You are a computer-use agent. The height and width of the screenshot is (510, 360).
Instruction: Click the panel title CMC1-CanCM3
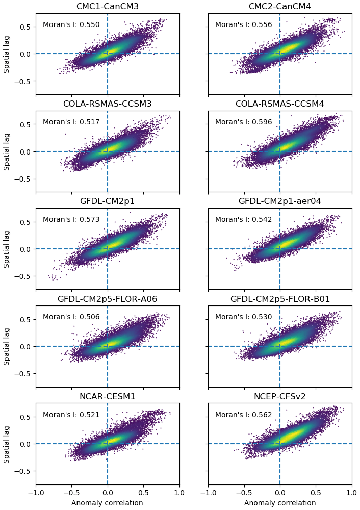(107, 7)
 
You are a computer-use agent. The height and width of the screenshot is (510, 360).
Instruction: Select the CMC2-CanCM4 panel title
(279, 7)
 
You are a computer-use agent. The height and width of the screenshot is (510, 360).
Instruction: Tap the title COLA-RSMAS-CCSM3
(107, 104)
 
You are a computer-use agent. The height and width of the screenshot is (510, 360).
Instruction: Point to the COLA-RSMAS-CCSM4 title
(279, 104)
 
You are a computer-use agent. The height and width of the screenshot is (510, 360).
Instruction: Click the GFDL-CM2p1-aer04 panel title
(279, 201)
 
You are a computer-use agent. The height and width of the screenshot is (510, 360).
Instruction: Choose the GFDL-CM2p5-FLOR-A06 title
(107, 299)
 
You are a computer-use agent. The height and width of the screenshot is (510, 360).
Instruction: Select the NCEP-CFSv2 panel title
(279, 396)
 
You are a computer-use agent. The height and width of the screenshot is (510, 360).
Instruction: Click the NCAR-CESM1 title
(107, 396)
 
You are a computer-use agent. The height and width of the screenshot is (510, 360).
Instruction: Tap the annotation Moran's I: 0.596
(243, 122)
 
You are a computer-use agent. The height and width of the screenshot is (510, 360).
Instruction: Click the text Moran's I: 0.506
(71, 317)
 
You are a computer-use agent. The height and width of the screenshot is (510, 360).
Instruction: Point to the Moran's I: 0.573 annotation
(71, 220)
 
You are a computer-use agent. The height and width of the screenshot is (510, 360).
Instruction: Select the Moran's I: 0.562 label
(243, 415)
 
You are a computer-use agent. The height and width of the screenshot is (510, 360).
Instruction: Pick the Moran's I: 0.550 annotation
(71, 24)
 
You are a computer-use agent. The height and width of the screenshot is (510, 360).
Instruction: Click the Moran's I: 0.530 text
(243, 317)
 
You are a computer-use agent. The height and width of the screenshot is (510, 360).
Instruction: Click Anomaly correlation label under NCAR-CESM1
(107, 503)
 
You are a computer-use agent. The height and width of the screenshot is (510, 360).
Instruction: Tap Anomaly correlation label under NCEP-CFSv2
(279, 503)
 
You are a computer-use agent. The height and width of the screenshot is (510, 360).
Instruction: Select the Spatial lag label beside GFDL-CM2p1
(7, 249)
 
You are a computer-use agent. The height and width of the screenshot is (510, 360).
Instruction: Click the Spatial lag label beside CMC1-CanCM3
(7, 54)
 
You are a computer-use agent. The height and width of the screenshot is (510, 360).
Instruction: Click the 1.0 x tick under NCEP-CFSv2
(351, 493)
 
